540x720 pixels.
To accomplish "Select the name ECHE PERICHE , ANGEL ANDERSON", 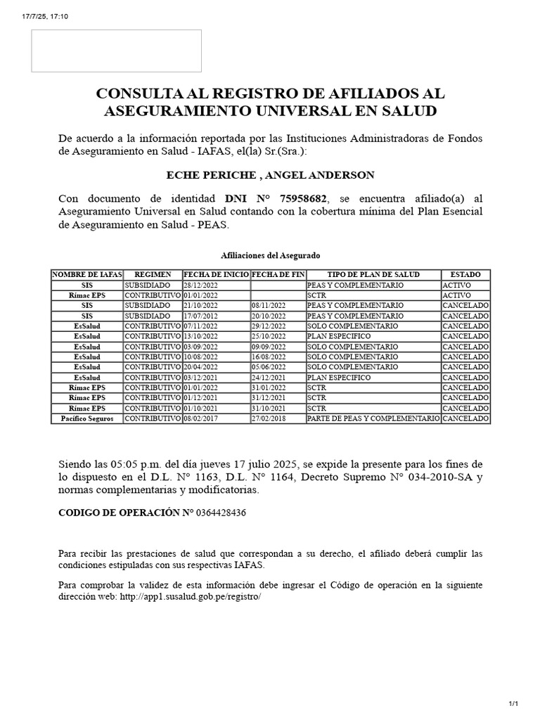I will coord(270,174).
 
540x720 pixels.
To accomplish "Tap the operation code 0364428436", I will coord(221,513).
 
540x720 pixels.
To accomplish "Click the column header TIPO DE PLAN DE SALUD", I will coord(373,274).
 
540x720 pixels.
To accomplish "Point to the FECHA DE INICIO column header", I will coord(216,274).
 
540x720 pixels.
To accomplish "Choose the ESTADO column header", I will coord(465,274).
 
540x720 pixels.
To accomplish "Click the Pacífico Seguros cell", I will coord(87,418).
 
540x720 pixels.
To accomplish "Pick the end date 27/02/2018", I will coord(269,418).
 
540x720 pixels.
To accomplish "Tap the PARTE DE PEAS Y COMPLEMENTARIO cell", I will coord(373,418).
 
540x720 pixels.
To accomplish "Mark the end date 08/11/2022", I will coord(269,306).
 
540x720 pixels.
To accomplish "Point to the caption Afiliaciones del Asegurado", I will coord(270,255).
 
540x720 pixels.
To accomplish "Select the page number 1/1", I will coord(513,704).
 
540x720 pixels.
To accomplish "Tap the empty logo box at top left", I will coord(116,51).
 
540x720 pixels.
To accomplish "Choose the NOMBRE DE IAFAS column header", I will coord(87,274).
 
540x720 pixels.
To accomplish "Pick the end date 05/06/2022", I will coord(269,368).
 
